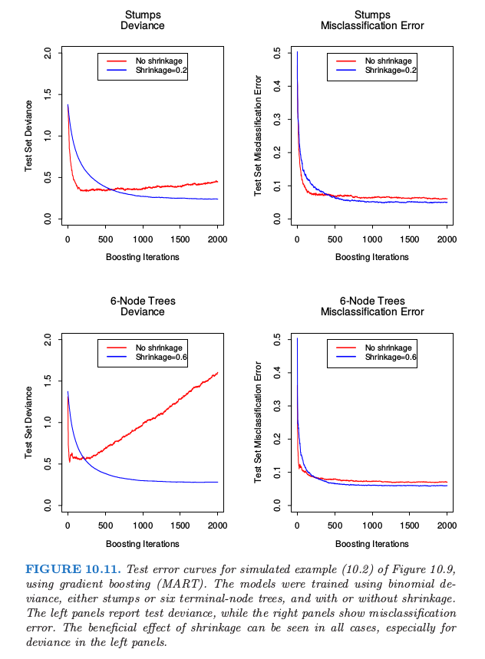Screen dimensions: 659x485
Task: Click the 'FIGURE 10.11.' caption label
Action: [69, 568]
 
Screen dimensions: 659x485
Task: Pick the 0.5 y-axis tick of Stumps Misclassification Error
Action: [277, 53]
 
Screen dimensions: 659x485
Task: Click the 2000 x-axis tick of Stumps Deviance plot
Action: [217, 239]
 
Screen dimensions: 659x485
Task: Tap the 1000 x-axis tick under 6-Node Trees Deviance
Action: [143, 525]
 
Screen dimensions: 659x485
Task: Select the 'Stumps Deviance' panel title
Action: [143, 20]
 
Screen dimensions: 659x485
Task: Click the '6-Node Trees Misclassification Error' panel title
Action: [371, 307]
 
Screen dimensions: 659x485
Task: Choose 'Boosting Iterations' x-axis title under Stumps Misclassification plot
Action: [371, 257]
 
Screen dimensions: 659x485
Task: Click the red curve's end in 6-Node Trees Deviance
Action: [218, 373]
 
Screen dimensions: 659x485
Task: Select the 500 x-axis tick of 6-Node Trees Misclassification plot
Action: [335, 525]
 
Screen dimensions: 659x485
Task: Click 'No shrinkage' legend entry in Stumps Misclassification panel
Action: [388, 61]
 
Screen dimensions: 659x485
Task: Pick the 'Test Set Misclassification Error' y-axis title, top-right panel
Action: [259, 136]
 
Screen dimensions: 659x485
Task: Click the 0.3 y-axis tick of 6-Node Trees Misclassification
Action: [277, 406]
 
